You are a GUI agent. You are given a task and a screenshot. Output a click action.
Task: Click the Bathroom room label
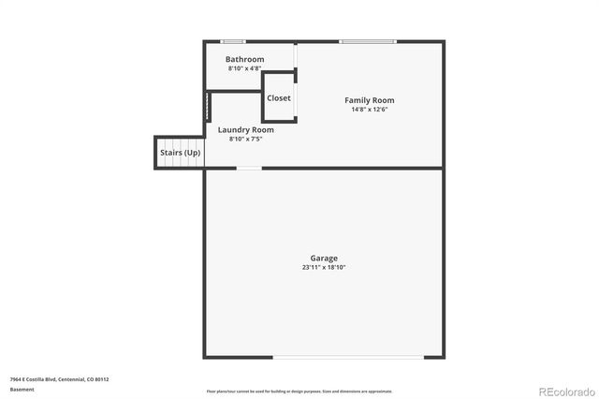(x=244, y=59)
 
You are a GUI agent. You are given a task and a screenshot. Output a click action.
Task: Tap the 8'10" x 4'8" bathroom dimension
(x=245, y=68)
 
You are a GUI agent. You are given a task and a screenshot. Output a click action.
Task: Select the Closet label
(x=279, y=98)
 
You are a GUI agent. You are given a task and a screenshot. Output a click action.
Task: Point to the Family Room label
(x=369, y=100)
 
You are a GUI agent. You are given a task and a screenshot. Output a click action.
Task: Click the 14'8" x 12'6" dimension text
(x=369, y=110)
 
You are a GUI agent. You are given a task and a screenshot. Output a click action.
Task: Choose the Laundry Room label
(x=245, y=129)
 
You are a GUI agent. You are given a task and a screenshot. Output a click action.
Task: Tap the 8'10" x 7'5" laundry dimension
(x=245, y=139)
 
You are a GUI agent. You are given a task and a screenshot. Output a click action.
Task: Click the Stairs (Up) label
(x=180, y=153)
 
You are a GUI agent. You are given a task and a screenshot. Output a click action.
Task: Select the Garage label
(x=324, y=259)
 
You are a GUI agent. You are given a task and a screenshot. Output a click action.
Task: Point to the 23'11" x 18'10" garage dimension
(x=324, y=268)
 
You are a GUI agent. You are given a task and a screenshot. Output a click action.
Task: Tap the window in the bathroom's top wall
(x=233, y=41)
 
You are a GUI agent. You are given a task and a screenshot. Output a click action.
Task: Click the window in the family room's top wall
(x=367, y=41)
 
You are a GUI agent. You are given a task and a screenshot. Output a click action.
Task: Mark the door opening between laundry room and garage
(x=248, y=169)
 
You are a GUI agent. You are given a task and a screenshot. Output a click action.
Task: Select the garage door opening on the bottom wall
(x=347, y=357)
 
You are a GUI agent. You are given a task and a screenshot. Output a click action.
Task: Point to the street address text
(x=60, y=379)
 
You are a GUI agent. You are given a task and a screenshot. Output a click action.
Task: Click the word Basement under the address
(x=22, y=389)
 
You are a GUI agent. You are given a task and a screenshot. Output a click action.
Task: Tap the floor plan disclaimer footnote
(x=299, y=392)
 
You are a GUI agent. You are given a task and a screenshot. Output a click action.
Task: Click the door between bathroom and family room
(x=296, y=65)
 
